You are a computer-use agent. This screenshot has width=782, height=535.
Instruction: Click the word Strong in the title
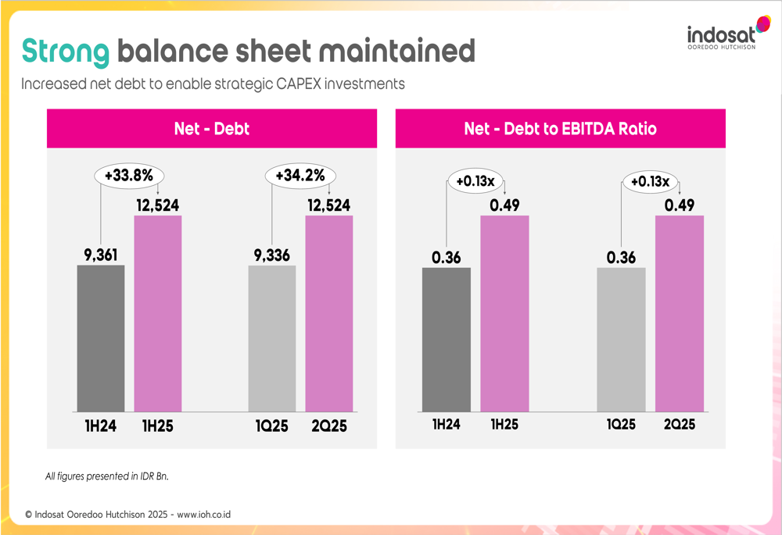[x=65, y=52]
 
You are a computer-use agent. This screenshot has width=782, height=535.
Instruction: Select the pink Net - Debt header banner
[x=211, y=129]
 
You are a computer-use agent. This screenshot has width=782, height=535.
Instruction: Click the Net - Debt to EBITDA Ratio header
[x=560, y=129]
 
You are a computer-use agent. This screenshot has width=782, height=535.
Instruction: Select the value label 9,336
[x=272, y=255]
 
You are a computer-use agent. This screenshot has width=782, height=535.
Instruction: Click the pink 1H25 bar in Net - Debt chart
[x=158, y=313]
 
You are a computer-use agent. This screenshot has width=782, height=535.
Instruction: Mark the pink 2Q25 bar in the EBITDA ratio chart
[x=679, y=313]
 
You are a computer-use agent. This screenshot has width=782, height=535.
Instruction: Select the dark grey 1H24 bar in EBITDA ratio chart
[x=447, y=340]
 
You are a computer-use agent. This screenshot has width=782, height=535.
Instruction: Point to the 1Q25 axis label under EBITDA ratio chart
[x=622, y=426]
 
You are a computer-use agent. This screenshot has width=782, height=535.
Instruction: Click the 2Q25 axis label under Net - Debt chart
[x=328, y=426]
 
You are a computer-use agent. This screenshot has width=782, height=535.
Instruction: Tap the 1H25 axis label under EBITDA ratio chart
[x=504, y=426]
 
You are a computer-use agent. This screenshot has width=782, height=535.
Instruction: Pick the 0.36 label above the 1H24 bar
[x=447, y=258]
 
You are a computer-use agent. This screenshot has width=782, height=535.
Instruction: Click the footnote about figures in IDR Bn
[x=107, y=476]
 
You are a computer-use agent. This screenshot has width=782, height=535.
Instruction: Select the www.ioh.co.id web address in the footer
[x=204, y=515]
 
